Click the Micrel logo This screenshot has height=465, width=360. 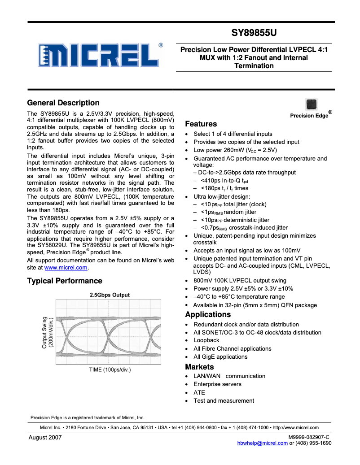pos(100,56)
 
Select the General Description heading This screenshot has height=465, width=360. pos(63,103)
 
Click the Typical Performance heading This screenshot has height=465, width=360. pos(65,281)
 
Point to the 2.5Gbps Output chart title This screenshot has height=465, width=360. pos(110,295)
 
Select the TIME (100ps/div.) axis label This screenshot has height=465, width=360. pos(110,369)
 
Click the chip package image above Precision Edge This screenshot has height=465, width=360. pos(311,104)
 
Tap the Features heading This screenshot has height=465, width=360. pos(201,124)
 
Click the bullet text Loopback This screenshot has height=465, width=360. pos(206,340)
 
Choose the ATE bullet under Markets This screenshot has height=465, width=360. pos(199,392)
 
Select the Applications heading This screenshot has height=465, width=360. pos(208,314)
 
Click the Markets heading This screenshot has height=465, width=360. pos(199,367)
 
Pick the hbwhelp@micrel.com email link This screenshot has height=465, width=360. pos(262,443)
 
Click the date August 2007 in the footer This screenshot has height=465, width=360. pos(45,437)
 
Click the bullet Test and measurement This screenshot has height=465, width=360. pos(224,400)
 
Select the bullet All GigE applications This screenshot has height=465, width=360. pos(220,356)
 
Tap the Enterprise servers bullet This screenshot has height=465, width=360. pos(217,384)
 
